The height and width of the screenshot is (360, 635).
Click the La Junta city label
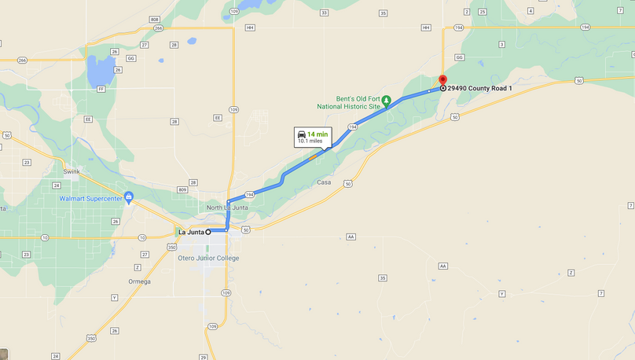tap(191, 232)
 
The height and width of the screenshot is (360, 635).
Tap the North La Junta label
tap(224, 207)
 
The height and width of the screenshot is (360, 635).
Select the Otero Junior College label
tap(208, 258)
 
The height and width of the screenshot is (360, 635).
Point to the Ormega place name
tap(139, 281)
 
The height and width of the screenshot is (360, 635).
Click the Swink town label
tap(72, 170)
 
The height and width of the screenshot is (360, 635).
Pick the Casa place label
tap(324, 182)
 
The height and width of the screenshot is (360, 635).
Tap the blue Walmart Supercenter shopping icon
tap(129, 197)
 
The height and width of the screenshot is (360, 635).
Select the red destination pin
tap(442, 81)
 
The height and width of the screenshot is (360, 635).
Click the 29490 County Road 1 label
tap(479, 88)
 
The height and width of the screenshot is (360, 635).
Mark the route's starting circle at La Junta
tap(208, 232)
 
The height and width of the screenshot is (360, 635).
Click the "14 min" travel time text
tap(317, 134)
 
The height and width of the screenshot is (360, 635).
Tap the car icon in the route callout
tap(302, 135)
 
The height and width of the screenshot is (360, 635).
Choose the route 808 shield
tap(154, 20)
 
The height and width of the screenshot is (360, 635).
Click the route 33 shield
tap(324, 13)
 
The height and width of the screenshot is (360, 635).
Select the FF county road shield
tap(101, 89)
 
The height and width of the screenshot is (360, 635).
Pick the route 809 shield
tap(182, 189)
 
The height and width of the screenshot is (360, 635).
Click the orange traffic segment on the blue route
tap(314, 157)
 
